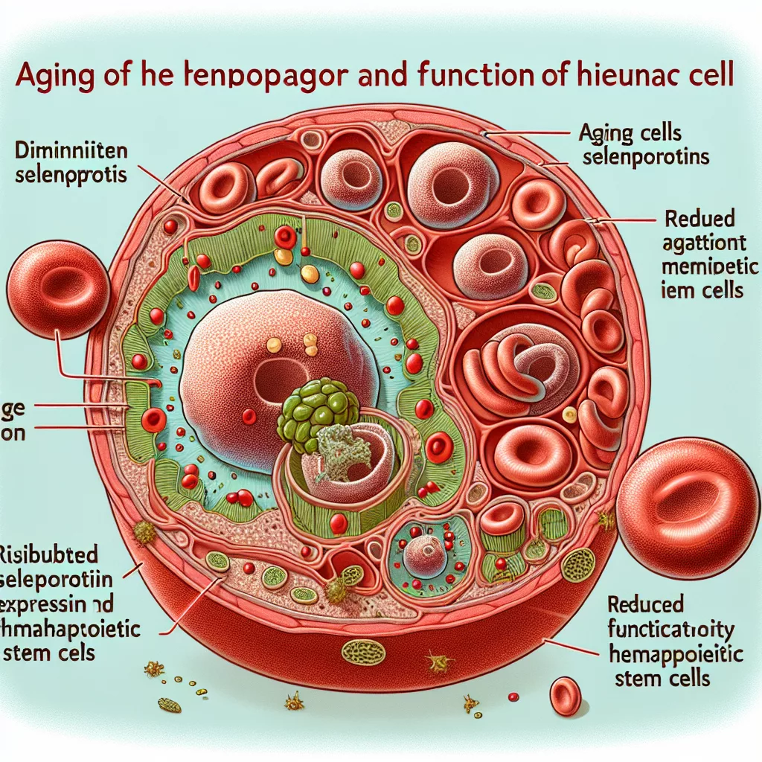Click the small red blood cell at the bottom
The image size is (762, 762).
pyautogui.click(x=565, y=695)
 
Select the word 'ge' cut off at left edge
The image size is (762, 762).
pyautogui.click(x=15, y=408)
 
